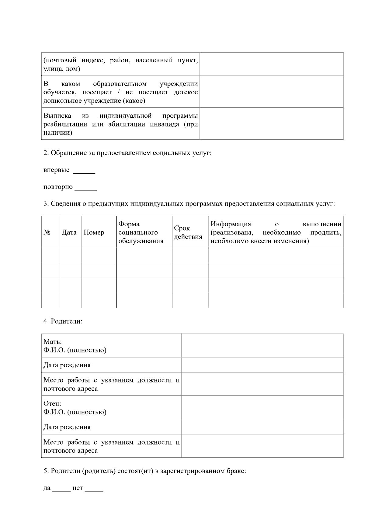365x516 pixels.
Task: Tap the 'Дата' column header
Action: click(x=69, y=233)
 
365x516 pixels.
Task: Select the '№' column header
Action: click(x=47, y=233)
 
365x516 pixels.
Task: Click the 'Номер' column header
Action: click(x=94, y=233)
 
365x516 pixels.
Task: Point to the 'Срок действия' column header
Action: click(x=188, y=233)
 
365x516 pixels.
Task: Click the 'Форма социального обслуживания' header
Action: click(x=141, y=233)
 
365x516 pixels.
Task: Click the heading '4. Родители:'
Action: click(x=63, y=321)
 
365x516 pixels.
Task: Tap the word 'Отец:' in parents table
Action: click(x=52, y=404)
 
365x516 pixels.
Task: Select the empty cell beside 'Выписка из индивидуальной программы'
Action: click(x=271, y=124)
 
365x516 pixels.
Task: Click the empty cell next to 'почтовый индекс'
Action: click(x=271, y=64)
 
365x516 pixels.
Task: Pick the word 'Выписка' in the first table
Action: click(x=57, y=116)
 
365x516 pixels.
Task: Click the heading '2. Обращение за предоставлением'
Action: click(x=127, y=153)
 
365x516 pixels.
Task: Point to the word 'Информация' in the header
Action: click(x=231, y=224)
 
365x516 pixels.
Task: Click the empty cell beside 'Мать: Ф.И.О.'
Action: click(x=262, y=346)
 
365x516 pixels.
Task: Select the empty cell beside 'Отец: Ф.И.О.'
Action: click(x=262, y=408)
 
